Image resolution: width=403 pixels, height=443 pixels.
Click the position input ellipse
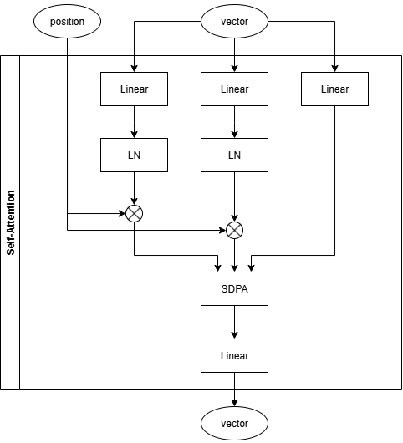(67, 22)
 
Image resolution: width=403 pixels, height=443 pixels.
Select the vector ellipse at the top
(234, 22)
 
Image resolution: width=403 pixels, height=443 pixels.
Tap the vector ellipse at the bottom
(234, 423)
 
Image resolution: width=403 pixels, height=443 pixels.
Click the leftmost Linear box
(134, 89)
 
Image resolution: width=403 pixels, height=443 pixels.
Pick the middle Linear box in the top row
(234, 89)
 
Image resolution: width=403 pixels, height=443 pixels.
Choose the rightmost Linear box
(334, 89)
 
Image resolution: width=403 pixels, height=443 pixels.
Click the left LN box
(134, 155)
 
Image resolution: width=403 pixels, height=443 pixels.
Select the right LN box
(234, 155)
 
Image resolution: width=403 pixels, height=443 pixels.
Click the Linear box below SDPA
(234, 355)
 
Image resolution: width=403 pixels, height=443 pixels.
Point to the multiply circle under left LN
(134, 213)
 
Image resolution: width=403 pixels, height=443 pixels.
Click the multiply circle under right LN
(234, 229)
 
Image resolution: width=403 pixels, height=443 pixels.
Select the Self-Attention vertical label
(10, 221)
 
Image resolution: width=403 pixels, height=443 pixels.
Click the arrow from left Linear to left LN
(134, 122)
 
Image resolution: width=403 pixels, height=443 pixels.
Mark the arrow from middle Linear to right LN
(234, 122)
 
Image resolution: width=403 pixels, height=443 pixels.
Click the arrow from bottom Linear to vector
(234, 389)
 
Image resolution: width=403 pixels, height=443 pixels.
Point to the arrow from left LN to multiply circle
(134, 188)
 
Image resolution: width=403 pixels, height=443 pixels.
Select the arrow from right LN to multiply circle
(234, 196)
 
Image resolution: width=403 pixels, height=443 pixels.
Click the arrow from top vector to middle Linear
(234, 55)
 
